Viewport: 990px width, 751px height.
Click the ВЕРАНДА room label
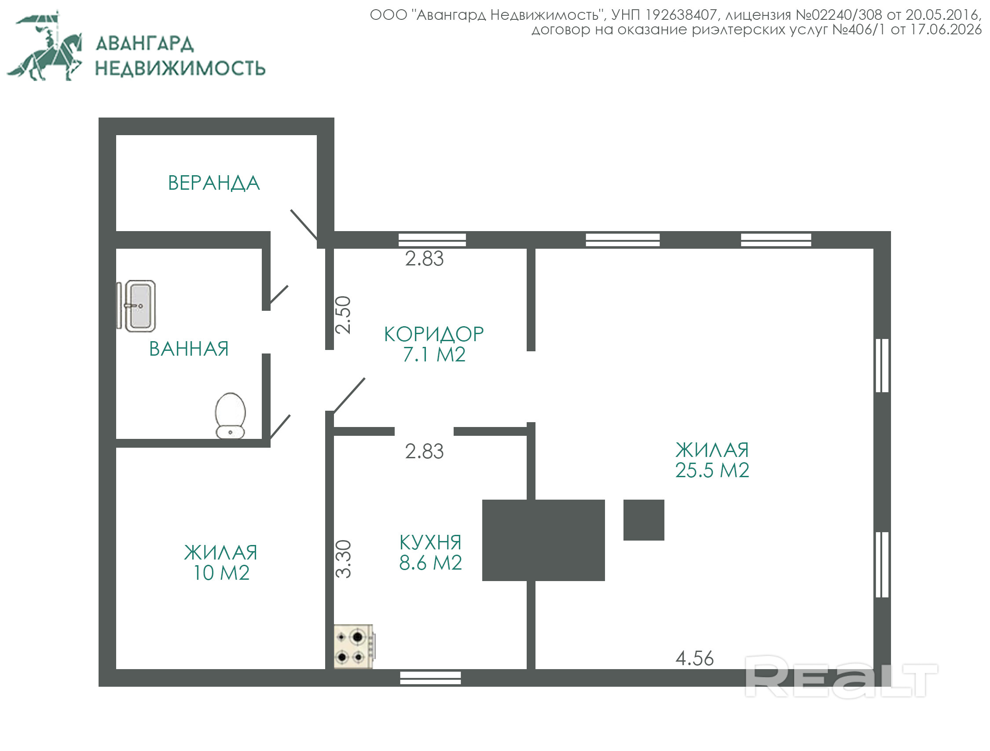point(214,183)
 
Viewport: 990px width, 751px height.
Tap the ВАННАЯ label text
point(189,349)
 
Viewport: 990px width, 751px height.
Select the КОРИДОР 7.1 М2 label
point(434,344)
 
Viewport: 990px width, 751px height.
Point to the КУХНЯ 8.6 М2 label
point(430,552)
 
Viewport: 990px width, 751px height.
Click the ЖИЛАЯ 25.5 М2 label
point(712,460)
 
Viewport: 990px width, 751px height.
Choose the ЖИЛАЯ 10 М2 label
point(220,563)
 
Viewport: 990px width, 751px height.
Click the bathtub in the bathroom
point(136,306)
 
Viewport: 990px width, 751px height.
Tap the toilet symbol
point(231,416)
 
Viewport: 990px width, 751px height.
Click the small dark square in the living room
point(644,520)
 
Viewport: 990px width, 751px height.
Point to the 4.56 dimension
point(694,658)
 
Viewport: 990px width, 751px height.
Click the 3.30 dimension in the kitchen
point(344,559)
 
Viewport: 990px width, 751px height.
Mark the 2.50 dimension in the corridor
point(343,315)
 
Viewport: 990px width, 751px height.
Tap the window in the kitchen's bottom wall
point(430,678)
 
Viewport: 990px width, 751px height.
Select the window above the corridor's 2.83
point(432,239)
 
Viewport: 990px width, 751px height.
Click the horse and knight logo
point(44,46)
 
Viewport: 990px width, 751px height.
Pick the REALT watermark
point(841,676)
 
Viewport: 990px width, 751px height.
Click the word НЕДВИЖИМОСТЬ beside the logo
point(180,68)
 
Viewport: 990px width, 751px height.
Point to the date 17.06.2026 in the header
point(946,29)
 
